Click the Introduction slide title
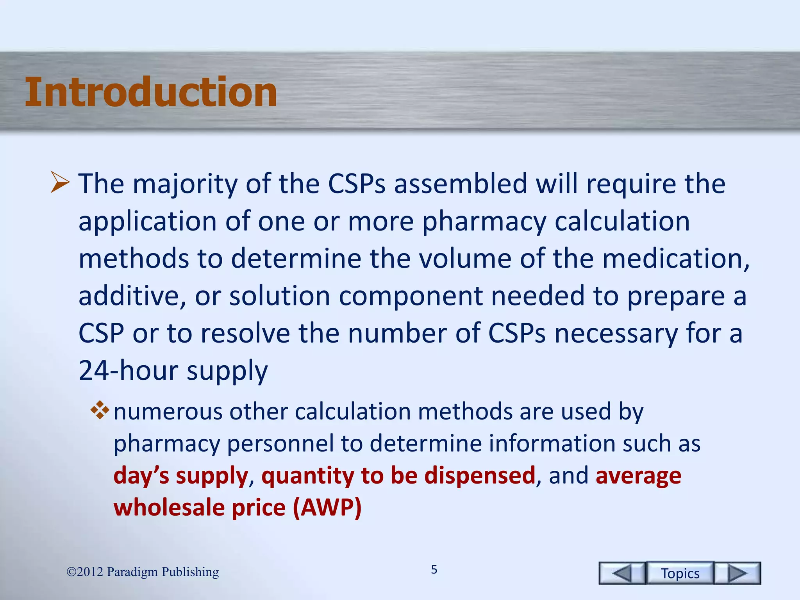tap(151, 92)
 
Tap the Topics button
tap(680, 573)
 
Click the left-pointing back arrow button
tap(622, 573)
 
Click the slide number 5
tap(434, 570)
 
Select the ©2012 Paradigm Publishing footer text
tap(143, 572)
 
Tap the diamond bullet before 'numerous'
tap(100, 411)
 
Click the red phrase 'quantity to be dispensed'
tap(398, 476)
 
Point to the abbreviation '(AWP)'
tap(327, 508)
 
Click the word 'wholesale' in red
tap(168, 508)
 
